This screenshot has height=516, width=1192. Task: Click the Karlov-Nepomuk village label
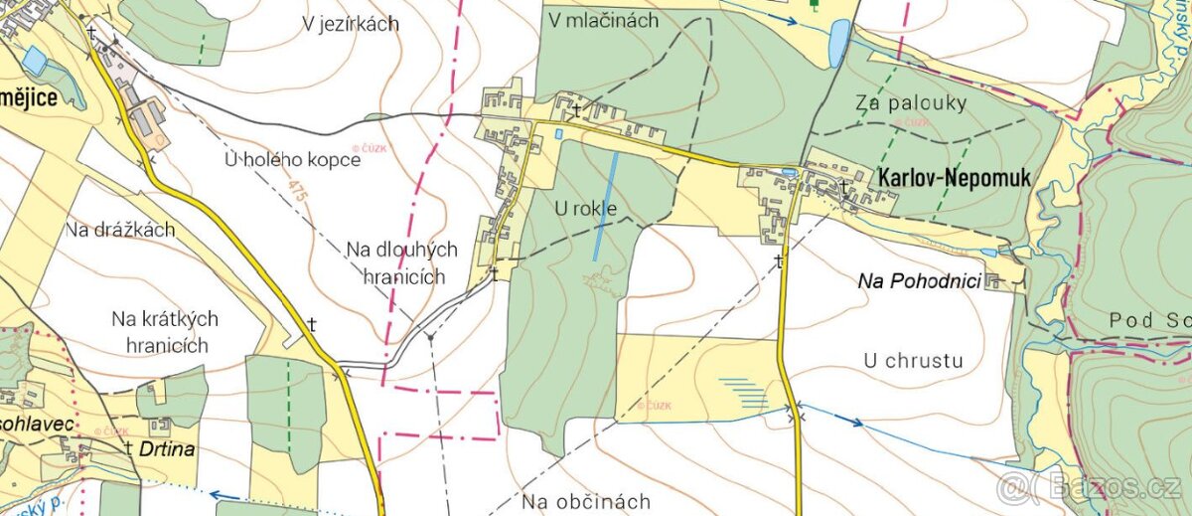coord(954,177)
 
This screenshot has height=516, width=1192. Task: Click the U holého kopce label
coord(292,160)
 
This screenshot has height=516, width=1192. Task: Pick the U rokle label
coord(586,209)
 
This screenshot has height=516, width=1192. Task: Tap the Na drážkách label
coord(121,230)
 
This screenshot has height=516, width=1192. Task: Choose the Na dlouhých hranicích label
coord(402,263)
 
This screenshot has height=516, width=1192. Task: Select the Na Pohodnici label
coord(919,282)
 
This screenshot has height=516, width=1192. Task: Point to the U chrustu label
coord(914,360)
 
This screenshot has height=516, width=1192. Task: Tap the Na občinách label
coord(587,500)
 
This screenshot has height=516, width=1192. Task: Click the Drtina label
coord(168,449)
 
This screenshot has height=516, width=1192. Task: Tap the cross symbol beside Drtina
coord(130,448)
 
